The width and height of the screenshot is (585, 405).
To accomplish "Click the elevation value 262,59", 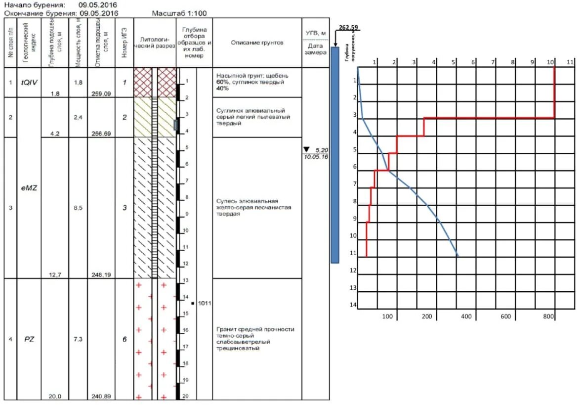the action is (x=349, y=28).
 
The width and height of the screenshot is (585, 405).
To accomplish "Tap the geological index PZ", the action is (x=29, y=339).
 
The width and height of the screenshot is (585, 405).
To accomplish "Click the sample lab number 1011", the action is (x=205, y=303).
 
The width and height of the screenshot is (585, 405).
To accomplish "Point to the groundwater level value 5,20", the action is (x=321, y=149).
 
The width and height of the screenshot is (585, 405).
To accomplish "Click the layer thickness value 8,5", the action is (x=78, y=208).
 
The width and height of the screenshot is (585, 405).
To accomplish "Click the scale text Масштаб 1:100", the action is (x=180, y=13).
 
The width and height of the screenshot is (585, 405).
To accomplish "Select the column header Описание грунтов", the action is (x=257, y=43).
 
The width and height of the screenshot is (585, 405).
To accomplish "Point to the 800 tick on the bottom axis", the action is (x=548, y=316).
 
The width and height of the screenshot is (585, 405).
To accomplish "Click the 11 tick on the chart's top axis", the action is (x=570, y=62).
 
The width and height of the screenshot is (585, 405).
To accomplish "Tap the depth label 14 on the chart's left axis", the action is (x=353, y=305).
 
